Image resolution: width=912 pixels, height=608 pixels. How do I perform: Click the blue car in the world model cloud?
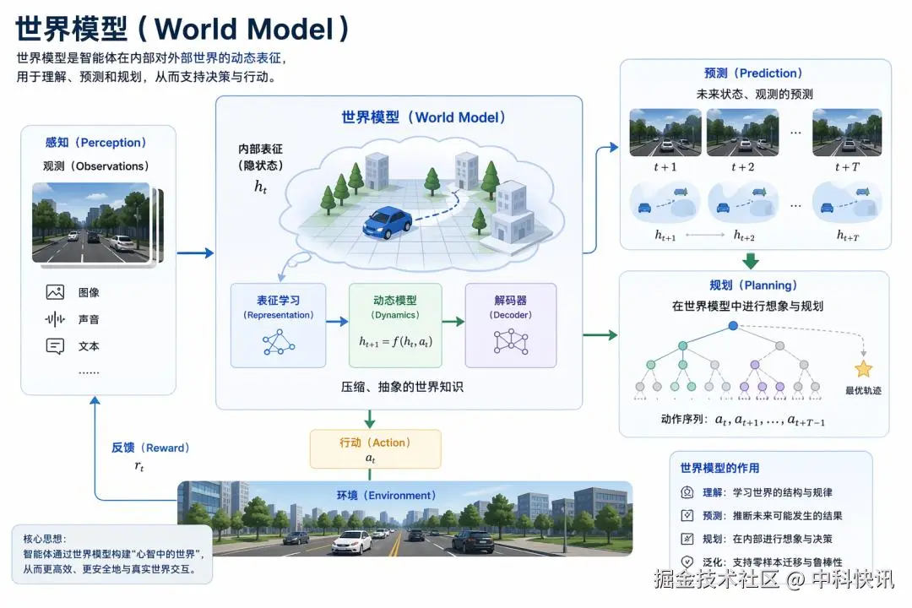[388, 223]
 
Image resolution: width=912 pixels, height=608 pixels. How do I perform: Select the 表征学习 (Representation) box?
[279, 325]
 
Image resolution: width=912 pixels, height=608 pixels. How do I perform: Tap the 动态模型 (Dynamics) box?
[395, 325]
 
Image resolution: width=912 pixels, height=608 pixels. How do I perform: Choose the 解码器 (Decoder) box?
[510, 325]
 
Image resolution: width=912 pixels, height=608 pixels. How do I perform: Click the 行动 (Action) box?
[375, 449]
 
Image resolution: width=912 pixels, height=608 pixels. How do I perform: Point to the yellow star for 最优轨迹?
[863, 369]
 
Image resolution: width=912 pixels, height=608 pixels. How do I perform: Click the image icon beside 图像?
[56, 292]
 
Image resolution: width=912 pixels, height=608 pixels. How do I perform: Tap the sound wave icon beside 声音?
[56, 319]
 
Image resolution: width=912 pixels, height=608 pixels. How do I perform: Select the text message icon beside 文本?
[56, 346]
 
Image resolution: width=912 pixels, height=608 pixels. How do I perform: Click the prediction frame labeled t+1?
[665, 133]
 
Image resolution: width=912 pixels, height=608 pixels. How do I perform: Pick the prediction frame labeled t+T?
[847, 133]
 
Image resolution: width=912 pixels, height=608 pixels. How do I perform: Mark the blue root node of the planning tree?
[733, 325]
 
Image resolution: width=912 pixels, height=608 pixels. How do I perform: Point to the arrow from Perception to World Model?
[195, 252]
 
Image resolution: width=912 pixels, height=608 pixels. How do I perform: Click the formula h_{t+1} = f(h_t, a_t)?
[395, 342]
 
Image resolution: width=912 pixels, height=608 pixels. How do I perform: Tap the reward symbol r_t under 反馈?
[139, 465]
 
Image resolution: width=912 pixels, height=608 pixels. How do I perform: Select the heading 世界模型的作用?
[719, 468]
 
